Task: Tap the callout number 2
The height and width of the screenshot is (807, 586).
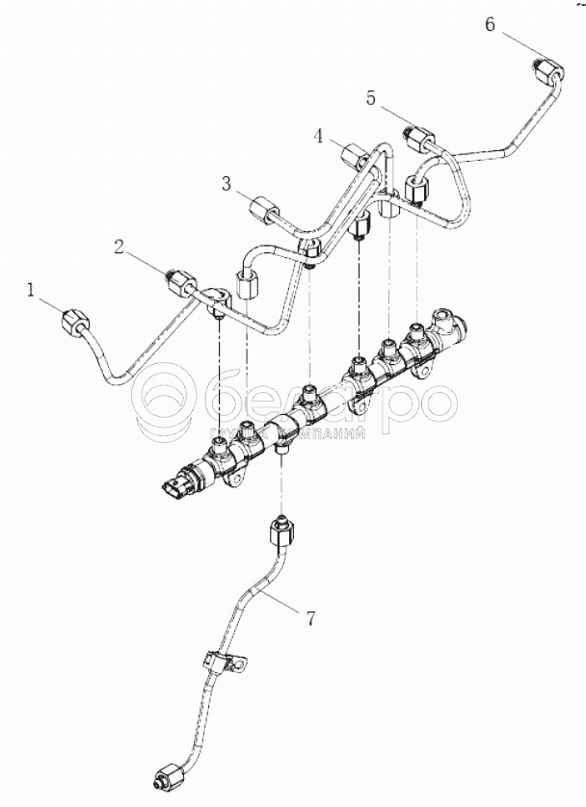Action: coord(120,247)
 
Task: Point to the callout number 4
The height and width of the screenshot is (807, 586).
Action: coord(318,136)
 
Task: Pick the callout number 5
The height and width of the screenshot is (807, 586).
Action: coord(371,97)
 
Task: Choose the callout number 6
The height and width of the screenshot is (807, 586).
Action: coord(490,24)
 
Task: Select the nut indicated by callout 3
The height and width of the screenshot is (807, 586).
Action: coord(265,210)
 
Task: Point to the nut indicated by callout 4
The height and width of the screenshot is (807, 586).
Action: coord(353,157)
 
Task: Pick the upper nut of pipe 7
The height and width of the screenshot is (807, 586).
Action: coord(281,530)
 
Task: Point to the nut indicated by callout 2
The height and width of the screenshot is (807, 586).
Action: coord(180,280)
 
